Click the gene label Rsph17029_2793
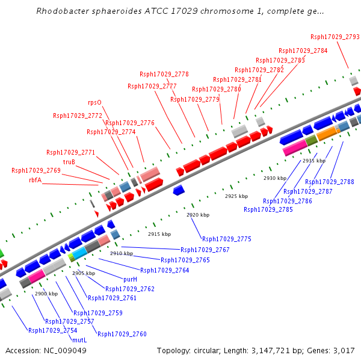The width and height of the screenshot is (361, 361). point(335,37)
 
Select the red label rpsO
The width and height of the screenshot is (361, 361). point(94,102)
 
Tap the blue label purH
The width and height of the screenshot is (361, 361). point(130,280)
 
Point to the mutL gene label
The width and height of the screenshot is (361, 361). point(79,340)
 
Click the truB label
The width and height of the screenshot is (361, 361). point(69,162)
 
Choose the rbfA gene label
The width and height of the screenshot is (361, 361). point(35,180)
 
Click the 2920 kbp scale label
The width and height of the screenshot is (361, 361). point(198,215)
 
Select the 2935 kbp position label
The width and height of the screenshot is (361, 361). point(313,161)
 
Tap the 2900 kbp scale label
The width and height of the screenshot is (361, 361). point(46,294)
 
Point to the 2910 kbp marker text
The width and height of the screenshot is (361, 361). point(121,253)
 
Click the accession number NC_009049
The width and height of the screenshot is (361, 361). point(66,351)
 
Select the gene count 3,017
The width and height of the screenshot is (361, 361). point(343,351)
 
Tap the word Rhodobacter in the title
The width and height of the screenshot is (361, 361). point(63,11)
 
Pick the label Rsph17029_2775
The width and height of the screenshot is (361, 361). point(227,239)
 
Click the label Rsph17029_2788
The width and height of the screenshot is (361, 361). point(329,182)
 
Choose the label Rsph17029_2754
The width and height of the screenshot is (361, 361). point(52,330)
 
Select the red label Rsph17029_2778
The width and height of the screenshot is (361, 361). point(164,75)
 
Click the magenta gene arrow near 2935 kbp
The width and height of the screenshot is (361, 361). point(295,149)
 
